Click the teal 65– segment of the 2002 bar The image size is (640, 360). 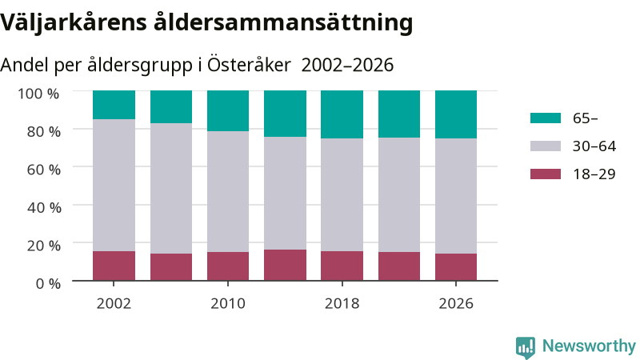pos(114,105)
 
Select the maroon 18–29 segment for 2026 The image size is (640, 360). pos(456,267)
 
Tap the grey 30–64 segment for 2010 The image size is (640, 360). pos(228,191)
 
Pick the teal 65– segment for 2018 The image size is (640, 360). pos(342,114)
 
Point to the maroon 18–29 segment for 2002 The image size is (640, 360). pos(114,266)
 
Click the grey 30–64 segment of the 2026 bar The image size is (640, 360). pos(456,196)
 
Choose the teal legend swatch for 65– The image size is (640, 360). pos(546,118)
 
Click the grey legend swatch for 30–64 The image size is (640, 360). pos(546,146)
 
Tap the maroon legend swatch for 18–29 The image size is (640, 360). pos(546,174)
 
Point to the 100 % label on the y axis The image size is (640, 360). pos(38,94)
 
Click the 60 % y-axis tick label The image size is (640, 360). pos(44,170)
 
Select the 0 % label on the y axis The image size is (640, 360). pos(48,283)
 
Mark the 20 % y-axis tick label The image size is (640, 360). pos(44,246)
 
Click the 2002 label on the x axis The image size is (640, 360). pos(114,304)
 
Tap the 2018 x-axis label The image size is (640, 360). pos(342,304)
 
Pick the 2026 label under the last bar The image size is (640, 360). pos(456,304)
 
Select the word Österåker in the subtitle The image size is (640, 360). pos(249,65)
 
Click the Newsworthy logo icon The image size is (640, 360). pos(526,347)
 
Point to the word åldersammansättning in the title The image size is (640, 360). pos(283,22)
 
